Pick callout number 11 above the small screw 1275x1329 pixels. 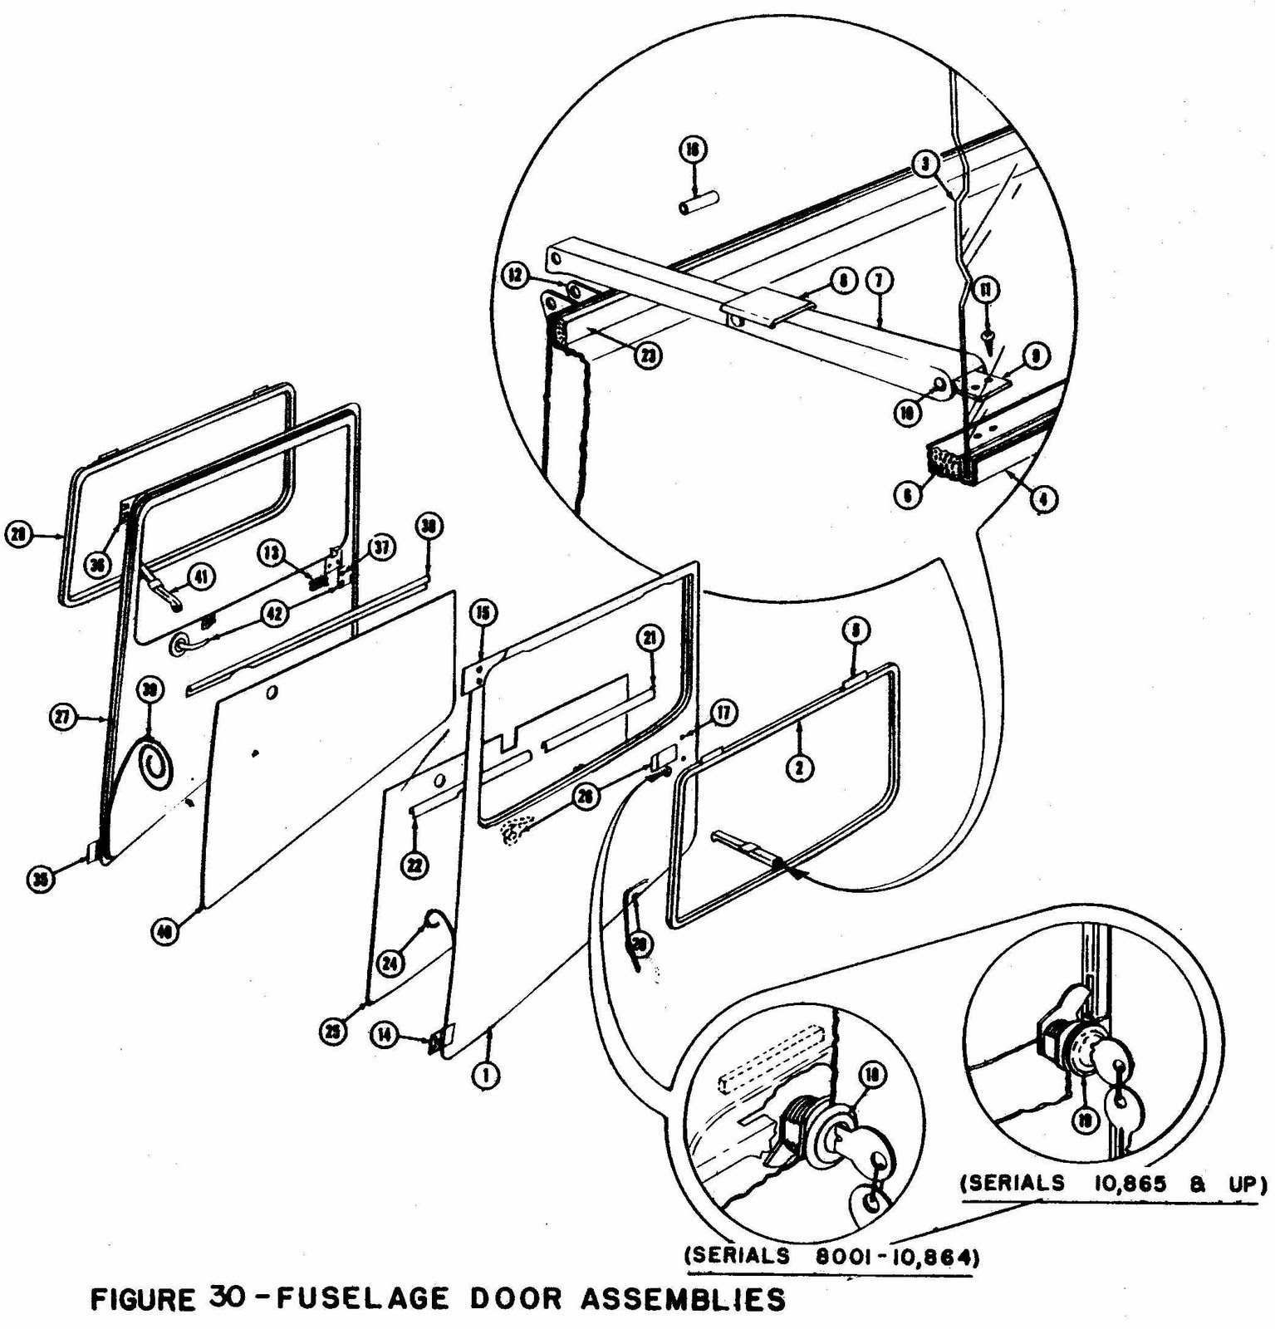(x=987, y=290)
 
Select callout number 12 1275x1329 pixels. (x=517, y=276)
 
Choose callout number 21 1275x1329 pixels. (x=650, y=638)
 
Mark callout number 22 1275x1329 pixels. (x=414, y=866)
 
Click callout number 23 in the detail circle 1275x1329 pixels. (x=649, y=357)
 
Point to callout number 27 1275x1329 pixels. (x=64, y=717)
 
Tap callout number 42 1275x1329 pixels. (x=274, y=614)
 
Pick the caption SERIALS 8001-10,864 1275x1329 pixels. (x=831, y=1257)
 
